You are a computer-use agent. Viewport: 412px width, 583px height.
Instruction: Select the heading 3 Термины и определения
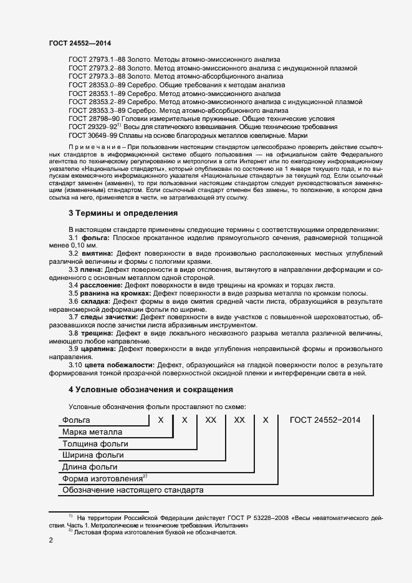123,213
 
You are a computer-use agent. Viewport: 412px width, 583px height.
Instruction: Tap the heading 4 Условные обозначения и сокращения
150,390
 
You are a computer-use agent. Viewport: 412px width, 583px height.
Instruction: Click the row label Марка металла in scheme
92,432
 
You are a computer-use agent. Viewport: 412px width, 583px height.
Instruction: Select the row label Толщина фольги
95,444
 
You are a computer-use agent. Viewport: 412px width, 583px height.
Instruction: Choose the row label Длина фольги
90,467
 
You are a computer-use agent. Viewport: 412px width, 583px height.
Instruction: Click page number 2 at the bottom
51,541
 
